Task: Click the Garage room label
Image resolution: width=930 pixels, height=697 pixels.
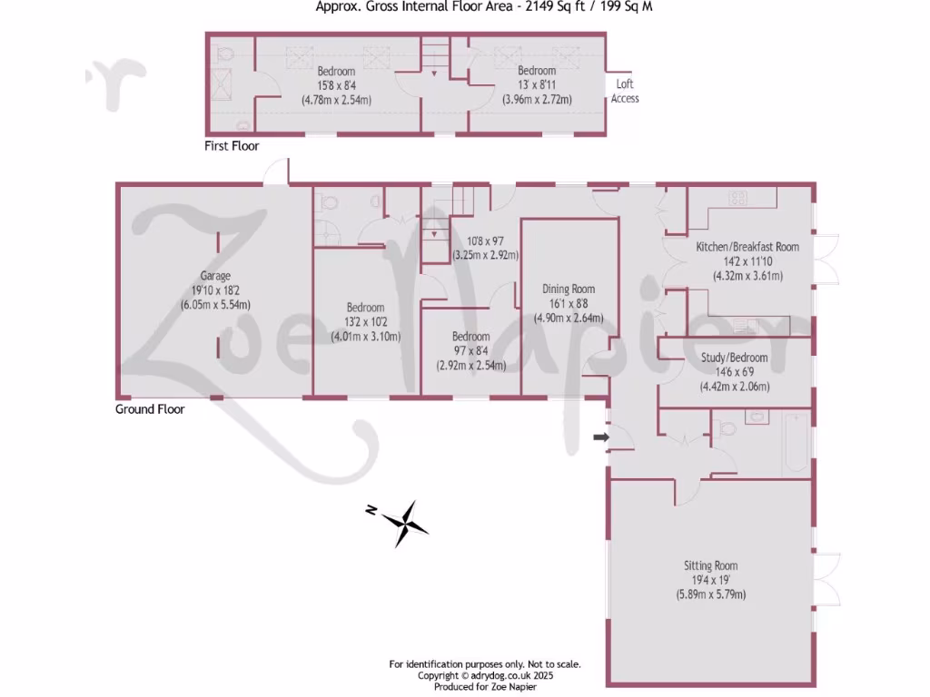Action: coord(215,276)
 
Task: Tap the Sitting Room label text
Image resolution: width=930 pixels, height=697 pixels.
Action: coord(710,565)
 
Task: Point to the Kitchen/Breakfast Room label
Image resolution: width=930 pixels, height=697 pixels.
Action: coord(747,247)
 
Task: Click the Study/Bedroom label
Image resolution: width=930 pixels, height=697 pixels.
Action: coord(734,358)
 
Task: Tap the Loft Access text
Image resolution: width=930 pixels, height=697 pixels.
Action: coord(625,91)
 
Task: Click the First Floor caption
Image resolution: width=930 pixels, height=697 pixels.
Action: coord(232,146)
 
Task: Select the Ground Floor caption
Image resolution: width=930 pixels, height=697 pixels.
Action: coord(150,409)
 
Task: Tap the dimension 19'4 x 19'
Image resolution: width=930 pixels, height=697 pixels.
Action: coord(710,580)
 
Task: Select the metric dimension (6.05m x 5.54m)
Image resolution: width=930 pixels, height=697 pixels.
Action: coord(215,305)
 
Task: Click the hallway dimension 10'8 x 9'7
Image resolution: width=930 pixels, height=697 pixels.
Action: coord(485,241)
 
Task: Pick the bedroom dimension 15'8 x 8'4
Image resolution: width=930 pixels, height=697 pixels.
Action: coord(336,85)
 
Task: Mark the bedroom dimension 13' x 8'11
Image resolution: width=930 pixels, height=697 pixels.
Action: coord(536,85)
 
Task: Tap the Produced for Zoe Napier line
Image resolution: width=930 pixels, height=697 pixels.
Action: coord(484,687)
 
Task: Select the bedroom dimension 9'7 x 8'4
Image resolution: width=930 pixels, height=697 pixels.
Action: coord(471,350)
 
